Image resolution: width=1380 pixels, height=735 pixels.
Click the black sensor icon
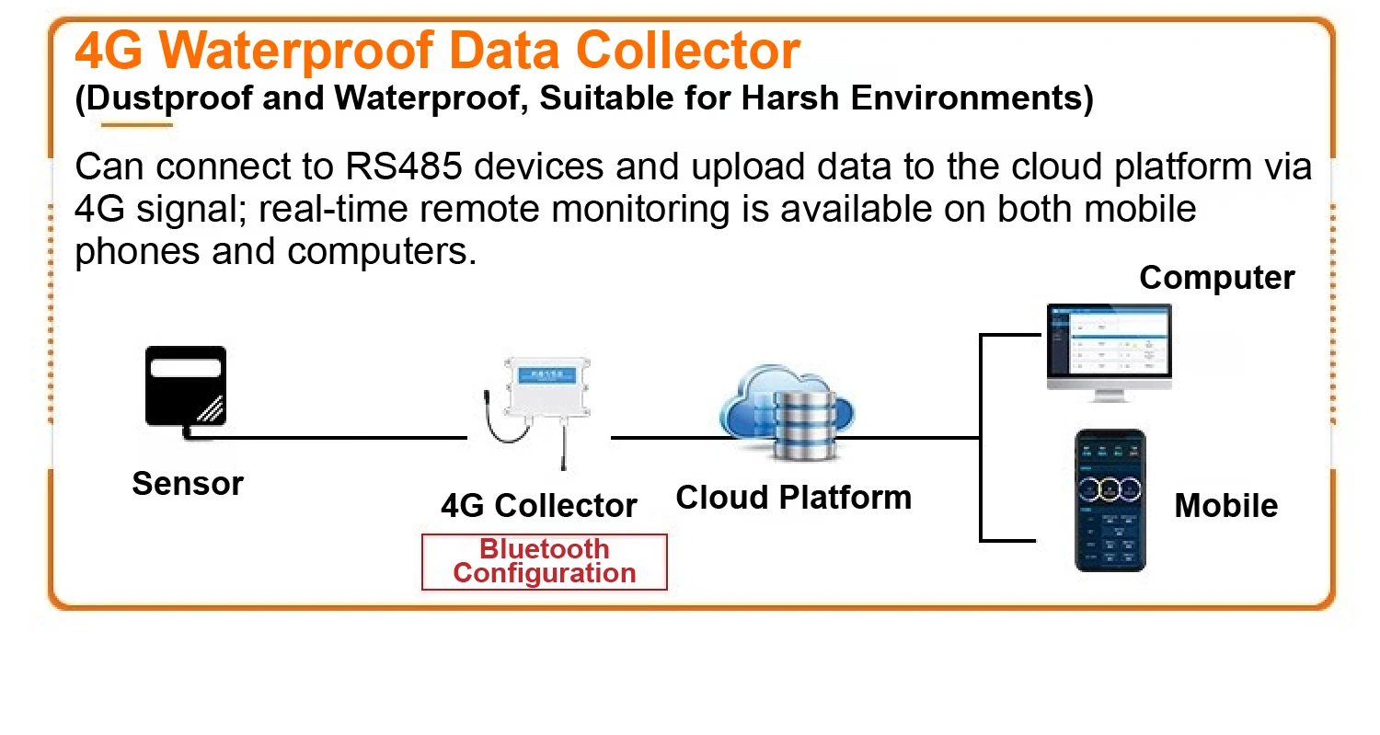186,388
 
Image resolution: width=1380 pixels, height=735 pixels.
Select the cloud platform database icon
788,411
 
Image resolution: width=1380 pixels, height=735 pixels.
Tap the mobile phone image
1110,500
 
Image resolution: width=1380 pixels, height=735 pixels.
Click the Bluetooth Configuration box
545,562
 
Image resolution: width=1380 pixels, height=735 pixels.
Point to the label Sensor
188,484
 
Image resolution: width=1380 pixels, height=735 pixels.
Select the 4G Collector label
539,506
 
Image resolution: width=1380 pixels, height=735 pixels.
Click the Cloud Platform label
793,497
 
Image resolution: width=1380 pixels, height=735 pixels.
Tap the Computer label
1217,278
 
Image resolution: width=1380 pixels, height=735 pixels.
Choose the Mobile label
1226,506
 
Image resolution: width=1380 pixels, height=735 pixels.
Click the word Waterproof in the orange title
296,52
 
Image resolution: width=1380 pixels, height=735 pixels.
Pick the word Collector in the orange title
688,51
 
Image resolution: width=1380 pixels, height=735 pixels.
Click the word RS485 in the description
404,167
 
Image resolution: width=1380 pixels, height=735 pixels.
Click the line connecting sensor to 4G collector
328,438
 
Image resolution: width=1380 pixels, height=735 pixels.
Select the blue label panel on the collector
547,374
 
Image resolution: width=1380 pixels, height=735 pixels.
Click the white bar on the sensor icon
186,368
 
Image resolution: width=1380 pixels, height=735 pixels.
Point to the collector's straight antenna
563,442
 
